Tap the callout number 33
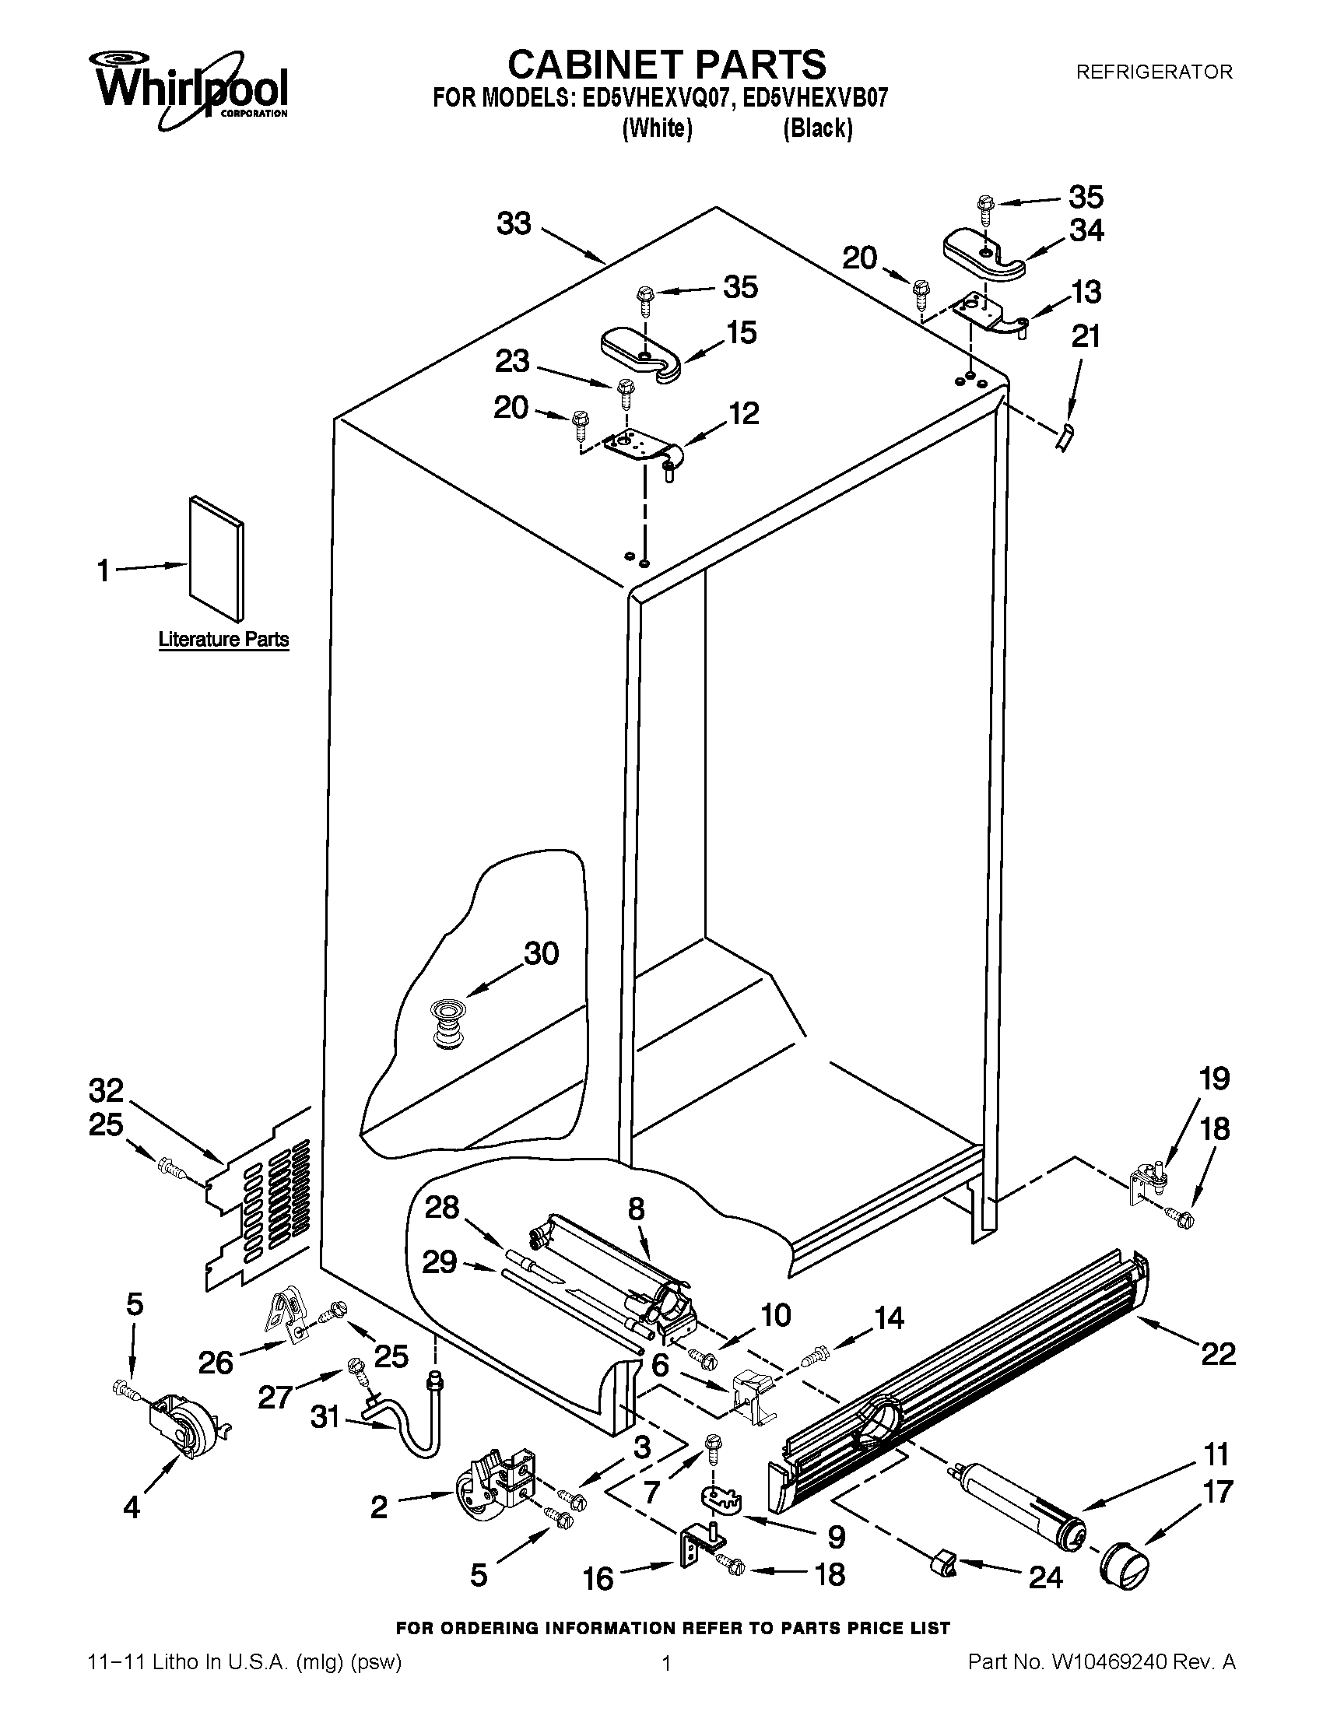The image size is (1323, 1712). [514, 224]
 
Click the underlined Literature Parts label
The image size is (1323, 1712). [223, 640]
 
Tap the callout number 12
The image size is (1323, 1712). [743, 413]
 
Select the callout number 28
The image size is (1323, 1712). [441, 1207]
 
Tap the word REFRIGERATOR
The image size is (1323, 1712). [1153, 72]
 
